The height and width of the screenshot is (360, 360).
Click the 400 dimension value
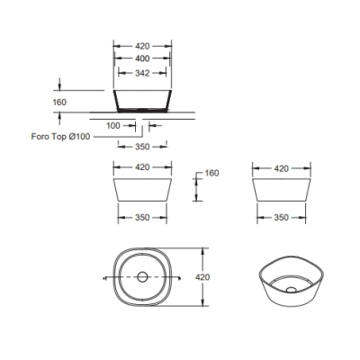[142, 58]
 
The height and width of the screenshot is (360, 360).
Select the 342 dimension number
[142, 73]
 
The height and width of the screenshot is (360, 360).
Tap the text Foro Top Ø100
[60, 137]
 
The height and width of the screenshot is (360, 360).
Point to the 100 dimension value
[113, 126]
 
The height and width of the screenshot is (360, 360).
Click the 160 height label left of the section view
[59, 103]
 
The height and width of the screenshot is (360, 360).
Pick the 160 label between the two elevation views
[211, 173]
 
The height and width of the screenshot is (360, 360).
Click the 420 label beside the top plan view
[202, 277]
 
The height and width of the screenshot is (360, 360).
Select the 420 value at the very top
[142, 46]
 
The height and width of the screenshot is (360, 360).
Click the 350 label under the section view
[142, 147]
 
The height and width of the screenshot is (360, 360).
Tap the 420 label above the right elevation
[282, 168]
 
